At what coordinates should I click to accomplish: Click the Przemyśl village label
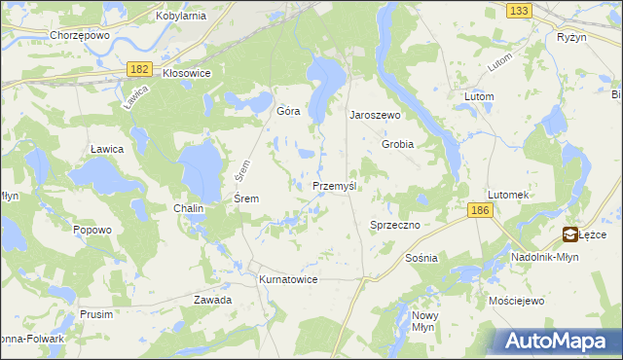[x=338, y=186]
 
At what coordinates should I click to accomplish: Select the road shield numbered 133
[x=519, y=10]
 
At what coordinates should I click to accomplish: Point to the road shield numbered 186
[x=478, y=210]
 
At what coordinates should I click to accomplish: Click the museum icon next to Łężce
[x=569, y=234]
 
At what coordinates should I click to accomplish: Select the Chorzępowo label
[x=78, y=35]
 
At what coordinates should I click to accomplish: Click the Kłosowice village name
[x=186, y=73]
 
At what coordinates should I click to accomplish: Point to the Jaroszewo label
[x=376, y=115]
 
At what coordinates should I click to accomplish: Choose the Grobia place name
[x=398, y=144]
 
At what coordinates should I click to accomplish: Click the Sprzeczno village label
[x=394, y=225]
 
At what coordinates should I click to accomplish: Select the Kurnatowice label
[x=288, y=279]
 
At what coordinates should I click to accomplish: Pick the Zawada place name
[x=212, y=300]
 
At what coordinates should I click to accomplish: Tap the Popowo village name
[x=92, y=231]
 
